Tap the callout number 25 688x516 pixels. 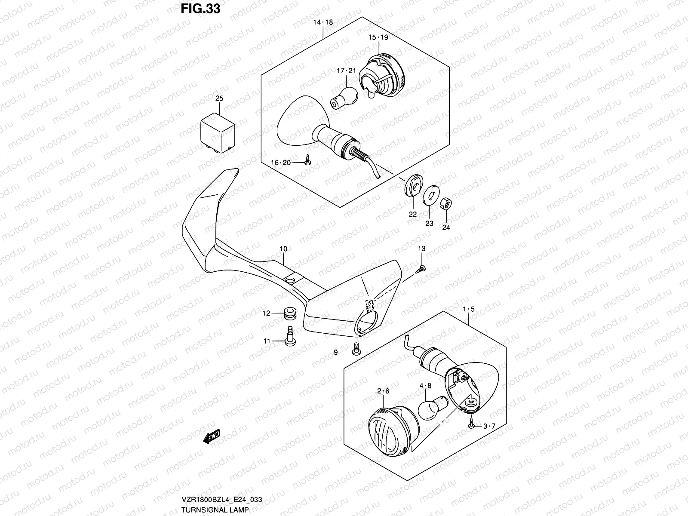[219, 99]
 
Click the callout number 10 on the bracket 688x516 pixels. [283, 249]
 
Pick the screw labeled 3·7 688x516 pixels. [472, 424]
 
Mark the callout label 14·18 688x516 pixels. [323, 22]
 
